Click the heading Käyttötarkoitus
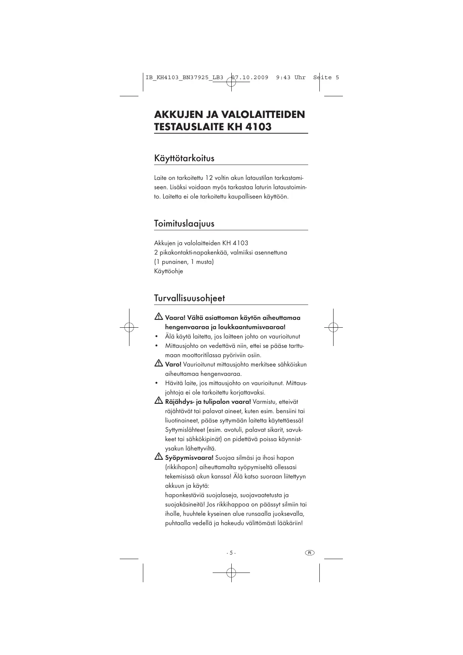point(184,158)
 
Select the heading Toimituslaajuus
point(184,224)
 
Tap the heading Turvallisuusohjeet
point(189,298)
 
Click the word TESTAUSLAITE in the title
point(188,127)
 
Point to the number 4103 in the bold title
point(259,127)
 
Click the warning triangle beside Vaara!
point(158,318)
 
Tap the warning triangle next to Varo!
point(158,364)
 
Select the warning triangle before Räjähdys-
point(158,401)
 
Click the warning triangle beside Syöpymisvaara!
point(158,457)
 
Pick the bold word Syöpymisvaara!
point(189,458)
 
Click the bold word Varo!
point(173,365)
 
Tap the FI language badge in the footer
point(310,553)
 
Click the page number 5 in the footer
point(231,553)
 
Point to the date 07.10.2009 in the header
point(250,78)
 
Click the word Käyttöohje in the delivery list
point(169,271)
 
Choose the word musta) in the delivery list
point(205,262)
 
